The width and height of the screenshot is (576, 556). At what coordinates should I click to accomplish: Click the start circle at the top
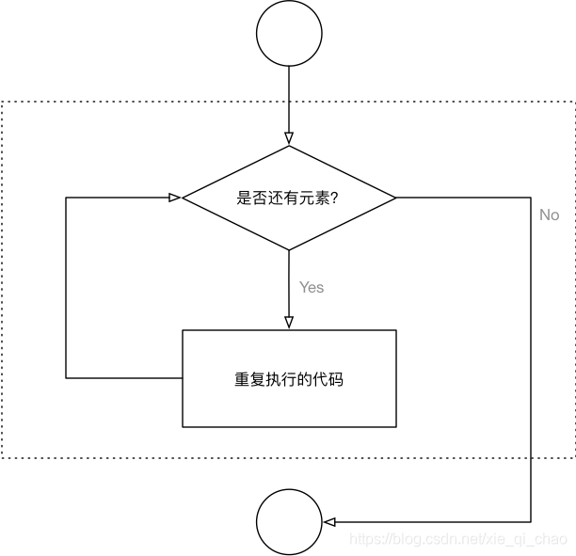pos(289,33)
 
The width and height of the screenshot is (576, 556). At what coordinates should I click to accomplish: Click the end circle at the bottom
pos(289,522)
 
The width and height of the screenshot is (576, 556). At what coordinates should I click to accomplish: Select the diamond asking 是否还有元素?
pos(289,199)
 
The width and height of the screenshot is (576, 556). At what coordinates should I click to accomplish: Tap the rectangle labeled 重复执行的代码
pos(289,378)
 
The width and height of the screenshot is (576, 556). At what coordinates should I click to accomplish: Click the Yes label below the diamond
pos(312,287)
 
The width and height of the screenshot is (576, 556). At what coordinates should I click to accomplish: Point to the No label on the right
pos(550,214)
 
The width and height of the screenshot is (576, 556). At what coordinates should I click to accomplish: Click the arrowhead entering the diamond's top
pos(289,140)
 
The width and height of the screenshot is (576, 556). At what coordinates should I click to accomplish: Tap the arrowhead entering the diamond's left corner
pos(175,199)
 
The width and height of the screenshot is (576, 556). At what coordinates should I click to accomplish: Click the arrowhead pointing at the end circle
pos(328,522)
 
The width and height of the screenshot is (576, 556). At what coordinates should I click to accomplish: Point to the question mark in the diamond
pos(334,199)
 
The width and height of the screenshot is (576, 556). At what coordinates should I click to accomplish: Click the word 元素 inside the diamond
pos(313,199)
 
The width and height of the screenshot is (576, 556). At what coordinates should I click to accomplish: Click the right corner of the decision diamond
pos(396,199)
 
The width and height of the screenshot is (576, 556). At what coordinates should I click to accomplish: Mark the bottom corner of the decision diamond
pos(289,250)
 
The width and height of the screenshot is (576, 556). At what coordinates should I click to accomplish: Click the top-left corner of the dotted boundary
pos(2,101)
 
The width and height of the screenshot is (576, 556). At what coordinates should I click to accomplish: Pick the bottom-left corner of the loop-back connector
pos(66,378)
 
